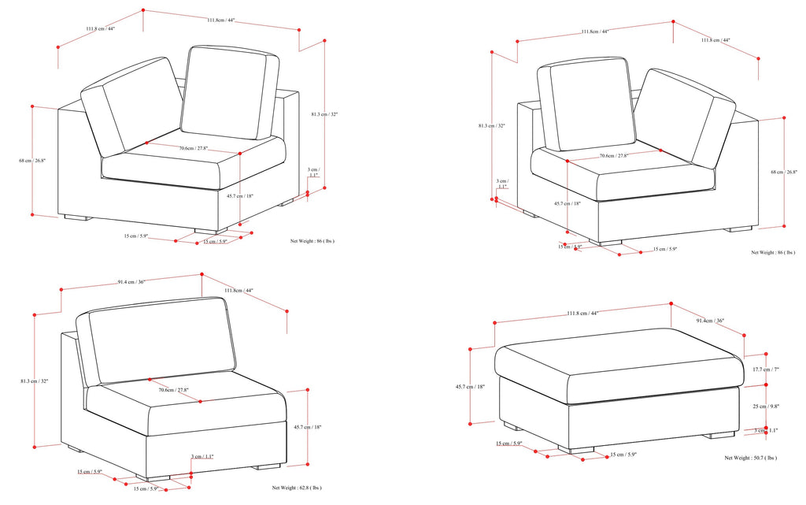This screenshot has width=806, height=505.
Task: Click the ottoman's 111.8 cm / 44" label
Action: tap(582, 314)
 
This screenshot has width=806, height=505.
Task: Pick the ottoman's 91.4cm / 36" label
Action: tap(710, 321)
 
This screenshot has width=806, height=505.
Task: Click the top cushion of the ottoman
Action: tap(619, 352)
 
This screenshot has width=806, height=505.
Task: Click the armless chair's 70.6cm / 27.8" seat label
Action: tap(173, 389)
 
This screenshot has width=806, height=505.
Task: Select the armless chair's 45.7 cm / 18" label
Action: tap(307, 427)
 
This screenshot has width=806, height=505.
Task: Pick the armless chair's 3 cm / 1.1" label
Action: tap(202, 457)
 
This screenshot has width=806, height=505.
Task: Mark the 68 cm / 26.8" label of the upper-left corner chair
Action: tap(32, 161)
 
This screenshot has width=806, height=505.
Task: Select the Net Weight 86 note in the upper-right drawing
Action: tap(772, 253)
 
